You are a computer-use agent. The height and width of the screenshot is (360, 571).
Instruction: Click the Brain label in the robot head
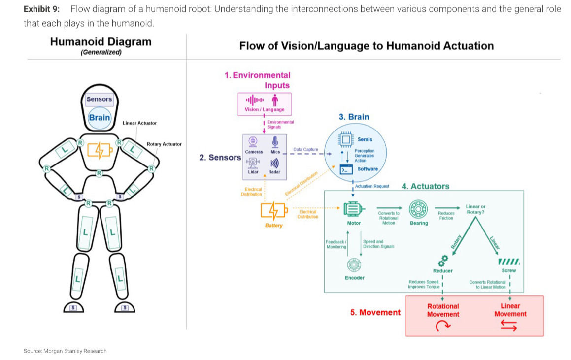(99, 118)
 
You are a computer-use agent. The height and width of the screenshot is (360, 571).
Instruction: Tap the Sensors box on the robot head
(99, 99)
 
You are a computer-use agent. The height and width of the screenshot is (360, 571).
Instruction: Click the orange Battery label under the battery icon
(274, 226)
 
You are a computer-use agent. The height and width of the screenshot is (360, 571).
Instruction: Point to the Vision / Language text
(264, 109)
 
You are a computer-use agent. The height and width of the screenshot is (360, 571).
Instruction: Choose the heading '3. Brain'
(354, 117)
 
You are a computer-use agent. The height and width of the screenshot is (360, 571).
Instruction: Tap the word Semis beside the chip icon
(365, 139)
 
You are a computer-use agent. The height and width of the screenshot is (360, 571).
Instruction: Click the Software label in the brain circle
(368, 169)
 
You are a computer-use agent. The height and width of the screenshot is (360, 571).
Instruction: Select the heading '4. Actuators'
(425, 186)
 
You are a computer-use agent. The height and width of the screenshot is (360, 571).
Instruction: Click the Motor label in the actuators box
(354, 223)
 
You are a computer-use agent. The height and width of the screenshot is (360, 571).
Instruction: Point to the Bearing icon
(419, 209)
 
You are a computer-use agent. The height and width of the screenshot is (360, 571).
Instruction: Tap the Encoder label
(355, 278)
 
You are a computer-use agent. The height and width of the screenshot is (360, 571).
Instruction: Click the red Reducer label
(442, 271)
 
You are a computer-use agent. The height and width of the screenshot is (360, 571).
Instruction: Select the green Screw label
(508, 270)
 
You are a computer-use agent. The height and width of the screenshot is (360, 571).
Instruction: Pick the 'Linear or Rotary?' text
(476, 209)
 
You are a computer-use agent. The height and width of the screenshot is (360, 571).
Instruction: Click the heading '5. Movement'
(375, 312)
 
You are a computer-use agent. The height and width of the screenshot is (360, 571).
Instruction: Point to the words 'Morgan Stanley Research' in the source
(75, 351)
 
